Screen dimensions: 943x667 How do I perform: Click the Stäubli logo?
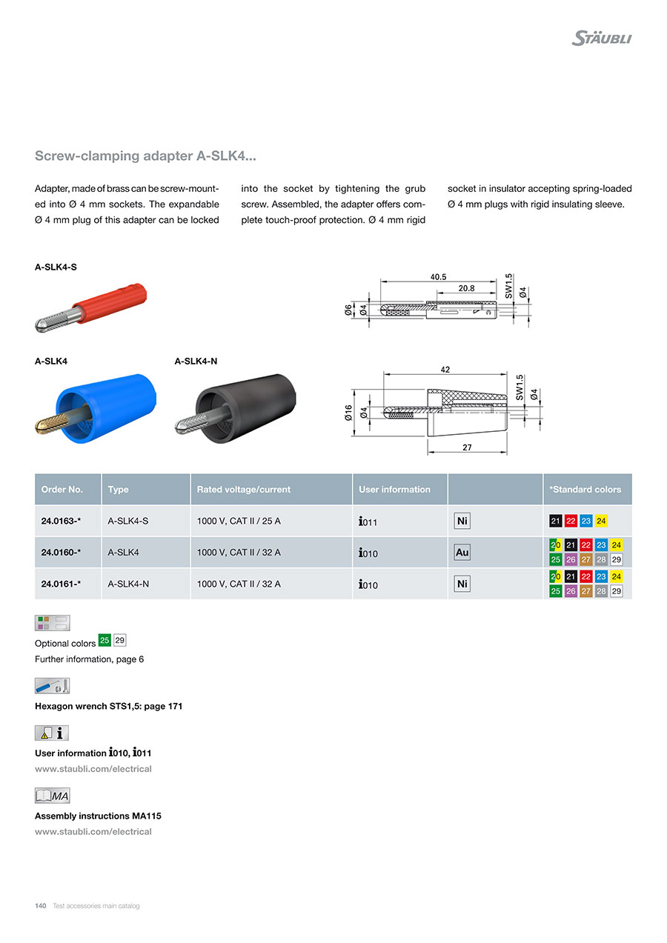pyautogui.click(x=601, y=39)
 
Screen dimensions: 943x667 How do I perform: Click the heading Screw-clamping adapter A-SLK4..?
pyautogui.click(x=146, y=156)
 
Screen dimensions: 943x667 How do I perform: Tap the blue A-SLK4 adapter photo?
pyautogui.click(x=97, y=408)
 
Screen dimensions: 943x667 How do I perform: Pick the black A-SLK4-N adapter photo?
pyautogui.click(x=236, y=408)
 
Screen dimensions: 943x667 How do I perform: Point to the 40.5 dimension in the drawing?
pyautogui.click(x=438, y=276)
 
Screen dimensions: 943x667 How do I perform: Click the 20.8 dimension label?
pyautogui.click(x=466, y=288)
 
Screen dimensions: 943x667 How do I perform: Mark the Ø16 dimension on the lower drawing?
pyautogui.click(x=348, y=413)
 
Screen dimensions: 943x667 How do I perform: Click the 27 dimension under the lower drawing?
pyautogui.click(x=466, y=447)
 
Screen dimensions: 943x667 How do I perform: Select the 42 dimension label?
pyautogui.click(x=445, y=369)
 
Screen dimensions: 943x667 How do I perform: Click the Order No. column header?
pyautogui.click(x=62, y=490)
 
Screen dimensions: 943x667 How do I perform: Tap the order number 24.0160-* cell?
pyautogui.click(x=61, y=553)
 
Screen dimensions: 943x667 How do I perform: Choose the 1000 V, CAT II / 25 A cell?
pyautogui.click(x=239, y=522)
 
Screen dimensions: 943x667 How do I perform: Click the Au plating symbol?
pyautogui.click(x=462, y=553)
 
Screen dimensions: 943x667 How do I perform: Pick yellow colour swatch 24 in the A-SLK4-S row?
pyautogui.click(x=600, y=522)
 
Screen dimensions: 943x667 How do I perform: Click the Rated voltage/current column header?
pyautogui.click(x=243, y=490)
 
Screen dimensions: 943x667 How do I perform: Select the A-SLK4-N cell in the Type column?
pyautogui.click(x=129, y=584)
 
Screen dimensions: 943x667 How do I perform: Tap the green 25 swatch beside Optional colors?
pyautogui.click(x=104, y=640)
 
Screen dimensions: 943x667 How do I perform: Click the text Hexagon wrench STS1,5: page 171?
pyautogui.click(x=108, y=707)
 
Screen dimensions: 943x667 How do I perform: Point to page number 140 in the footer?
pyautogui.click(x=41, y=906)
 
